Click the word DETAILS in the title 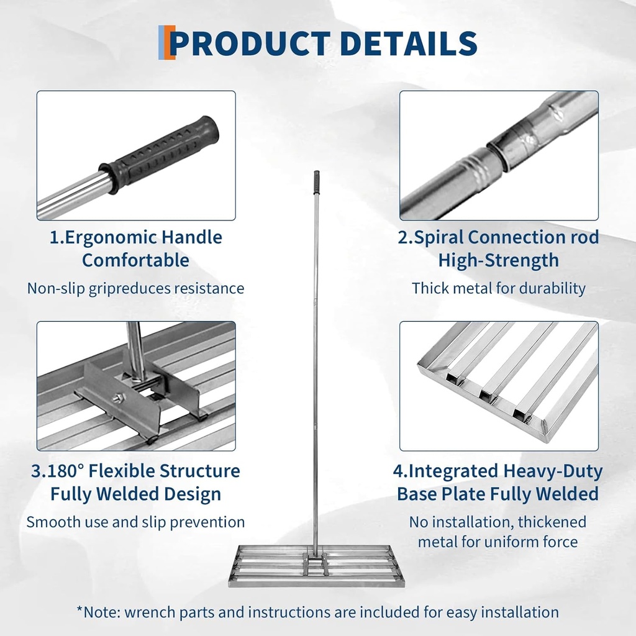[409, 43]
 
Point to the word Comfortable [135, 260]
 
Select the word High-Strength [499, 261]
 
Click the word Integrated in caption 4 [452, 471]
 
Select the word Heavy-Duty [553, 471]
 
